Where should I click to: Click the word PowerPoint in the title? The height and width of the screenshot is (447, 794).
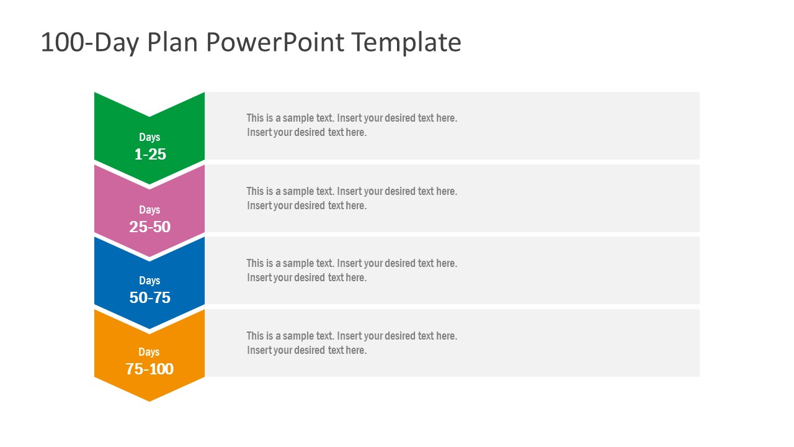(x=275, y=42)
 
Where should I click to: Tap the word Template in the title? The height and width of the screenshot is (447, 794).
(x=406, y=43)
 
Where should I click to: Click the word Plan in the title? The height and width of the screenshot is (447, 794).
(x=172, y=42)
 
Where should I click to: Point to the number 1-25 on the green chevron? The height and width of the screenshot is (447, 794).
(x=150, y=155)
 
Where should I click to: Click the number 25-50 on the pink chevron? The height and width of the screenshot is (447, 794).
(x=150, y=227)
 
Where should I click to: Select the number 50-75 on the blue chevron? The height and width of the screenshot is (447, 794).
(x=150, y=297)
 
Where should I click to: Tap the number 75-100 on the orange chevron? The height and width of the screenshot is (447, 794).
(x=149, y=369)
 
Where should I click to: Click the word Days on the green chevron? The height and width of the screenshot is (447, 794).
(x=149, y=137)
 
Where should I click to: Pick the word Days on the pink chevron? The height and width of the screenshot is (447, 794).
(x=149, y=210)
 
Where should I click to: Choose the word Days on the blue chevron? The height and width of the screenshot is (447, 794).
(x=149, y=281)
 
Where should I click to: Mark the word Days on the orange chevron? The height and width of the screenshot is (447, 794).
(x=149, y=352)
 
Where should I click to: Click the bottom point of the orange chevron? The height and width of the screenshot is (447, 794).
(x=149, y=401)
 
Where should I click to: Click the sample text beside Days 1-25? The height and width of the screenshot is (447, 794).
(x=352, y=125)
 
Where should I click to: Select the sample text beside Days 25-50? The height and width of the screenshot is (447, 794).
(x=352, y=198)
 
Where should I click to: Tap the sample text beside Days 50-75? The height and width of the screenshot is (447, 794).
(x=352, y=271)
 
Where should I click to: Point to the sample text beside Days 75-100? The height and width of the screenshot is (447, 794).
(x=352, y=343)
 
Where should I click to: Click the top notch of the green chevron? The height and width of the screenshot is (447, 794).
(x=149, y=116)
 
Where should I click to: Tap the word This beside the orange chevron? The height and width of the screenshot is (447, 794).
(x=255, y=336)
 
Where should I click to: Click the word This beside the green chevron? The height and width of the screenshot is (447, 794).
(x=255, y=118)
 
